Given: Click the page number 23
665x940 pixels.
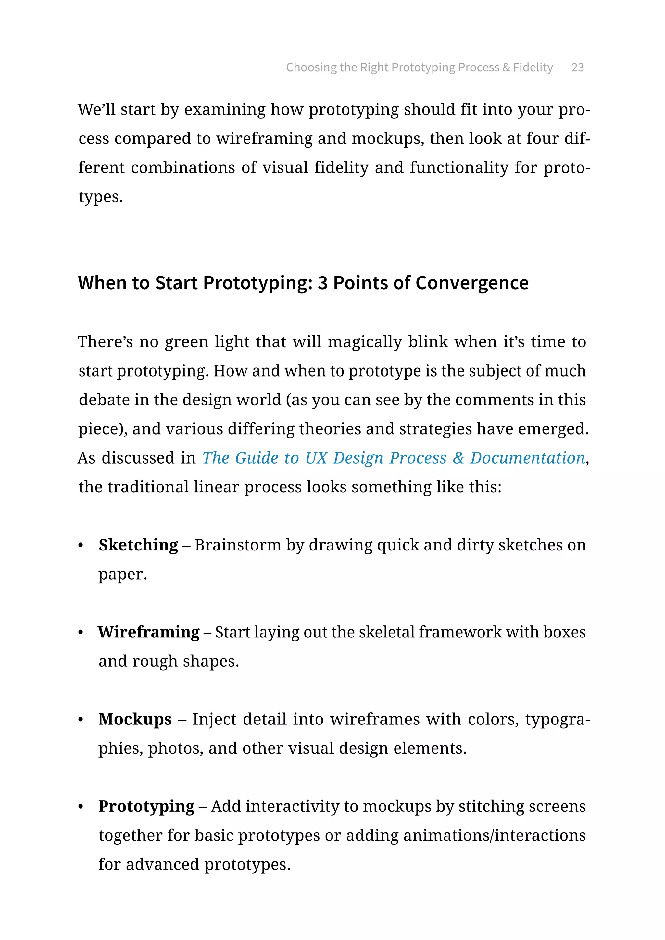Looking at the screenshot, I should (x=577, y=68).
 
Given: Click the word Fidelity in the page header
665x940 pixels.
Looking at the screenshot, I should (x=533, y=68).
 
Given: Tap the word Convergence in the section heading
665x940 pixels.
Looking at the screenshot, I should (x=472, y=283).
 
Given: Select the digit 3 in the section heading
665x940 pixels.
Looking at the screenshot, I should (x=323, y=283).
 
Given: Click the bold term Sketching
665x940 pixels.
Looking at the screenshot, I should (x=138, y=545).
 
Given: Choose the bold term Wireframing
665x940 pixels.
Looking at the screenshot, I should (x=149, y=632).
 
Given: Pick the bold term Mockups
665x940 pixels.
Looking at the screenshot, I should (x=135, y=719).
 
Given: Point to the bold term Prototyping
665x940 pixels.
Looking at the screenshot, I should (x=146, y=806).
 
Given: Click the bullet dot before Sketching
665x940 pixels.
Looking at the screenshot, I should (x=81, y=546).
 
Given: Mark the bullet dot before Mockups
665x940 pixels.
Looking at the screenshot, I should (x=81, y=720).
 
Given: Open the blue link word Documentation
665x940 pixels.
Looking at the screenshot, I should (x=527, y=458).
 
